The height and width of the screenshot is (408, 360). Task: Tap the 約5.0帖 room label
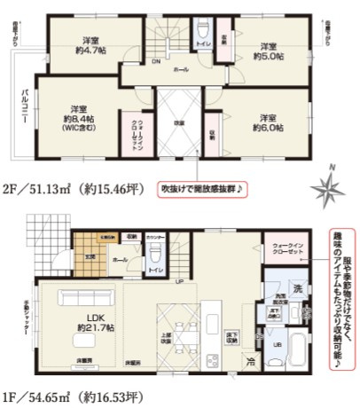tap(269, 51)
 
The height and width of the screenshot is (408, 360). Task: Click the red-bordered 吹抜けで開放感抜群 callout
tap(203, 189)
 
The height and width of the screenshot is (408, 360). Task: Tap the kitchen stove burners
tap(213, 359)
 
